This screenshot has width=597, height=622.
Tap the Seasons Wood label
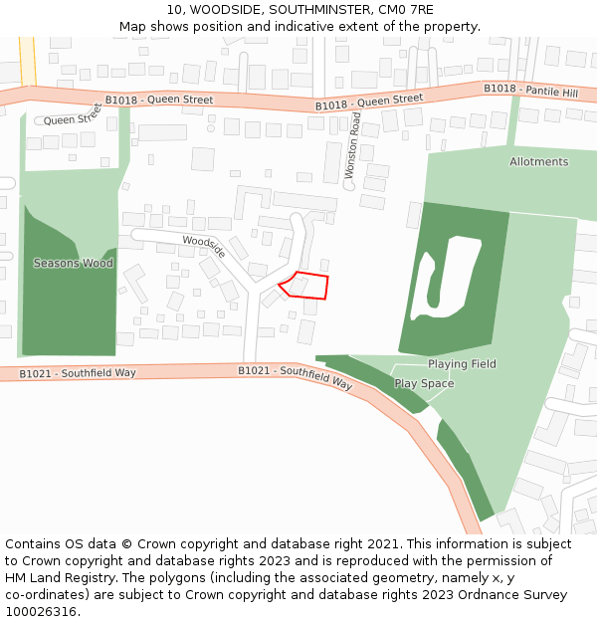pos(73,263)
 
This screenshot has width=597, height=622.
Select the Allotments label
pos(538,161)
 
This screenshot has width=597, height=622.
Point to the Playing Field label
pos(462,364)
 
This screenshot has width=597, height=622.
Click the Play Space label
pos(424,383)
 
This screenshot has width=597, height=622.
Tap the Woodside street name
pos(204,247)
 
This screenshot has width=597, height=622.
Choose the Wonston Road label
pos(353,145)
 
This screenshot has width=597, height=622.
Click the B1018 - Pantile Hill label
pos(530,90)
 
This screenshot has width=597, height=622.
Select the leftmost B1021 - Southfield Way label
pos(77,372)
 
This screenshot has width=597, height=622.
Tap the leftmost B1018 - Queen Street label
pos(159,100)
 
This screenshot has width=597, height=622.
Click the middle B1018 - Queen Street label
pos(369,102)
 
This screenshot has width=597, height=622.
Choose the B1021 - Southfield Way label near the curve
pos(295,376)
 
